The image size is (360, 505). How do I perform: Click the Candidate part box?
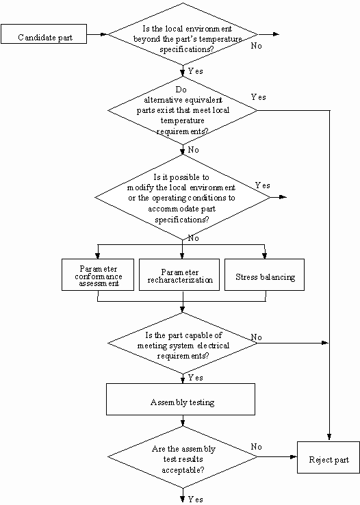[x=44, y=34]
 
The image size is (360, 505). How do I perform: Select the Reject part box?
[x=328, y=457]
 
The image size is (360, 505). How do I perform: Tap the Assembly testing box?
[x=181, y=399]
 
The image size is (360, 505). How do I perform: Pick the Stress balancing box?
[x=264, y=274]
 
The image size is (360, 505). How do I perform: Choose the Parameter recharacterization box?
[x=179, y=274]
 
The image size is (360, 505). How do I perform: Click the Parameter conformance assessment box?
[x=98, y=274]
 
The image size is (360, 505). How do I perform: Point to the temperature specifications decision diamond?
[x=183, y=34]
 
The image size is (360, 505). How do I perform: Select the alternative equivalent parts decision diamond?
[x=183, y=110]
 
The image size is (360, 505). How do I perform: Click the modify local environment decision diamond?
[x=183, y=198]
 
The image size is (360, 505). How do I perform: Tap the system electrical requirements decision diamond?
[x=183, y=344]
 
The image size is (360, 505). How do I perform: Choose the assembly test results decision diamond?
[x=183, y=456]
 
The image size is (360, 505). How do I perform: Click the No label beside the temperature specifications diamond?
[x=257, y=46]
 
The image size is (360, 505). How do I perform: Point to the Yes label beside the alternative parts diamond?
[x=258, y=97]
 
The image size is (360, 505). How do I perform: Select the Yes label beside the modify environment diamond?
[x=262, y=185]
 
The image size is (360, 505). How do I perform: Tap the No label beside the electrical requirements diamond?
[x=257, y=337]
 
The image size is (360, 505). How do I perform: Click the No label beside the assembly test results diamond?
[x=257, y=447]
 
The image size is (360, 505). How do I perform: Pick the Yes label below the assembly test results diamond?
[x=196, y=500]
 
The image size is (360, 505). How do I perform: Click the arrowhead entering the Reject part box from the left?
[x=294, y=456]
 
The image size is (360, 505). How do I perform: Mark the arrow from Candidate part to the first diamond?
[x=97, y=34]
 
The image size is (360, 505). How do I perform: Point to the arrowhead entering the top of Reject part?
[x=329, y=437]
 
